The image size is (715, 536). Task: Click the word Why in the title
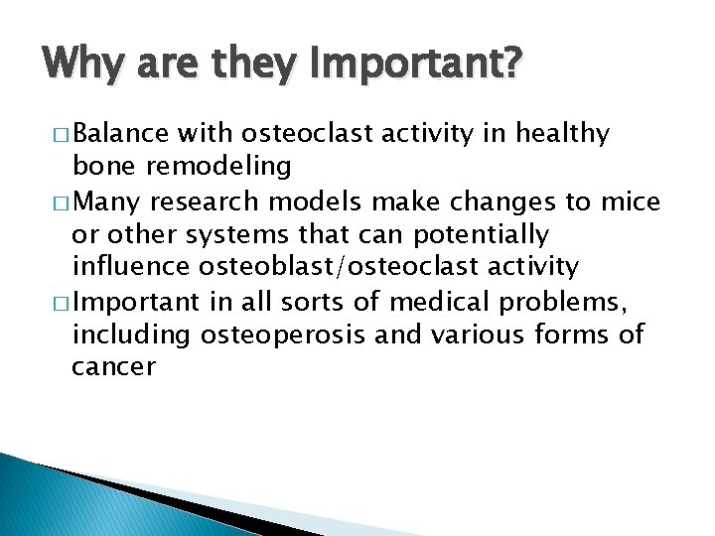click(x=83, y=63)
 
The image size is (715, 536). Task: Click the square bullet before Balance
click(x=61, y=134)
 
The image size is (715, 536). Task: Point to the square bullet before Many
click(x=61, y=202)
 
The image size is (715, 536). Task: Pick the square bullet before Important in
click(x=61, y=304)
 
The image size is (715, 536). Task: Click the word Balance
click(x=121, y=133)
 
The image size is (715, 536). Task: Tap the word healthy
click(x=563, y=134)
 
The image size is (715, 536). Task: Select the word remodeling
click(x=218, y=166)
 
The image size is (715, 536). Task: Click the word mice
click(x=631, y=201)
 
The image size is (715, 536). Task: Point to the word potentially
click(x=481, y=235)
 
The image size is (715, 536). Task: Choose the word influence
click(x=131, y=266)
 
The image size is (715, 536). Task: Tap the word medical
click(x=439, y=302)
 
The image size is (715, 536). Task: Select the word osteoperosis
click(x=283, y=335)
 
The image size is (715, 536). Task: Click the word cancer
click(x=113, y=367)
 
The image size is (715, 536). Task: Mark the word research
click(x=205, y=201)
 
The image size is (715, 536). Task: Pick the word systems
click(x=237, y=235)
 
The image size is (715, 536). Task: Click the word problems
click(x=563, y=303)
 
